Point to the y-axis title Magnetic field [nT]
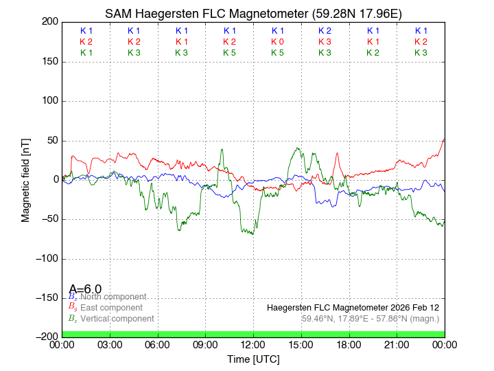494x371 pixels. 25,179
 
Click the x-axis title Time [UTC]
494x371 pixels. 253,359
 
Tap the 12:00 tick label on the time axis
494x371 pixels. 253,344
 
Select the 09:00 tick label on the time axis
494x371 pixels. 205,344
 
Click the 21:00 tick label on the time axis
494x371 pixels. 397,344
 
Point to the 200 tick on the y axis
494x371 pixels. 50,22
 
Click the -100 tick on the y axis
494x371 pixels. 46,258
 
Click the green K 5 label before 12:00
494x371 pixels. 230,53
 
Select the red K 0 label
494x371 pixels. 277,42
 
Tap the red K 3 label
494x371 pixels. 325,42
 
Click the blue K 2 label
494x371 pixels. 325,31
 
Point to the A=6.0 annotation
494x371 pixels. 86,289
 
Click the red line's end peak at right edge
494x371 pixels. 444,139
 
